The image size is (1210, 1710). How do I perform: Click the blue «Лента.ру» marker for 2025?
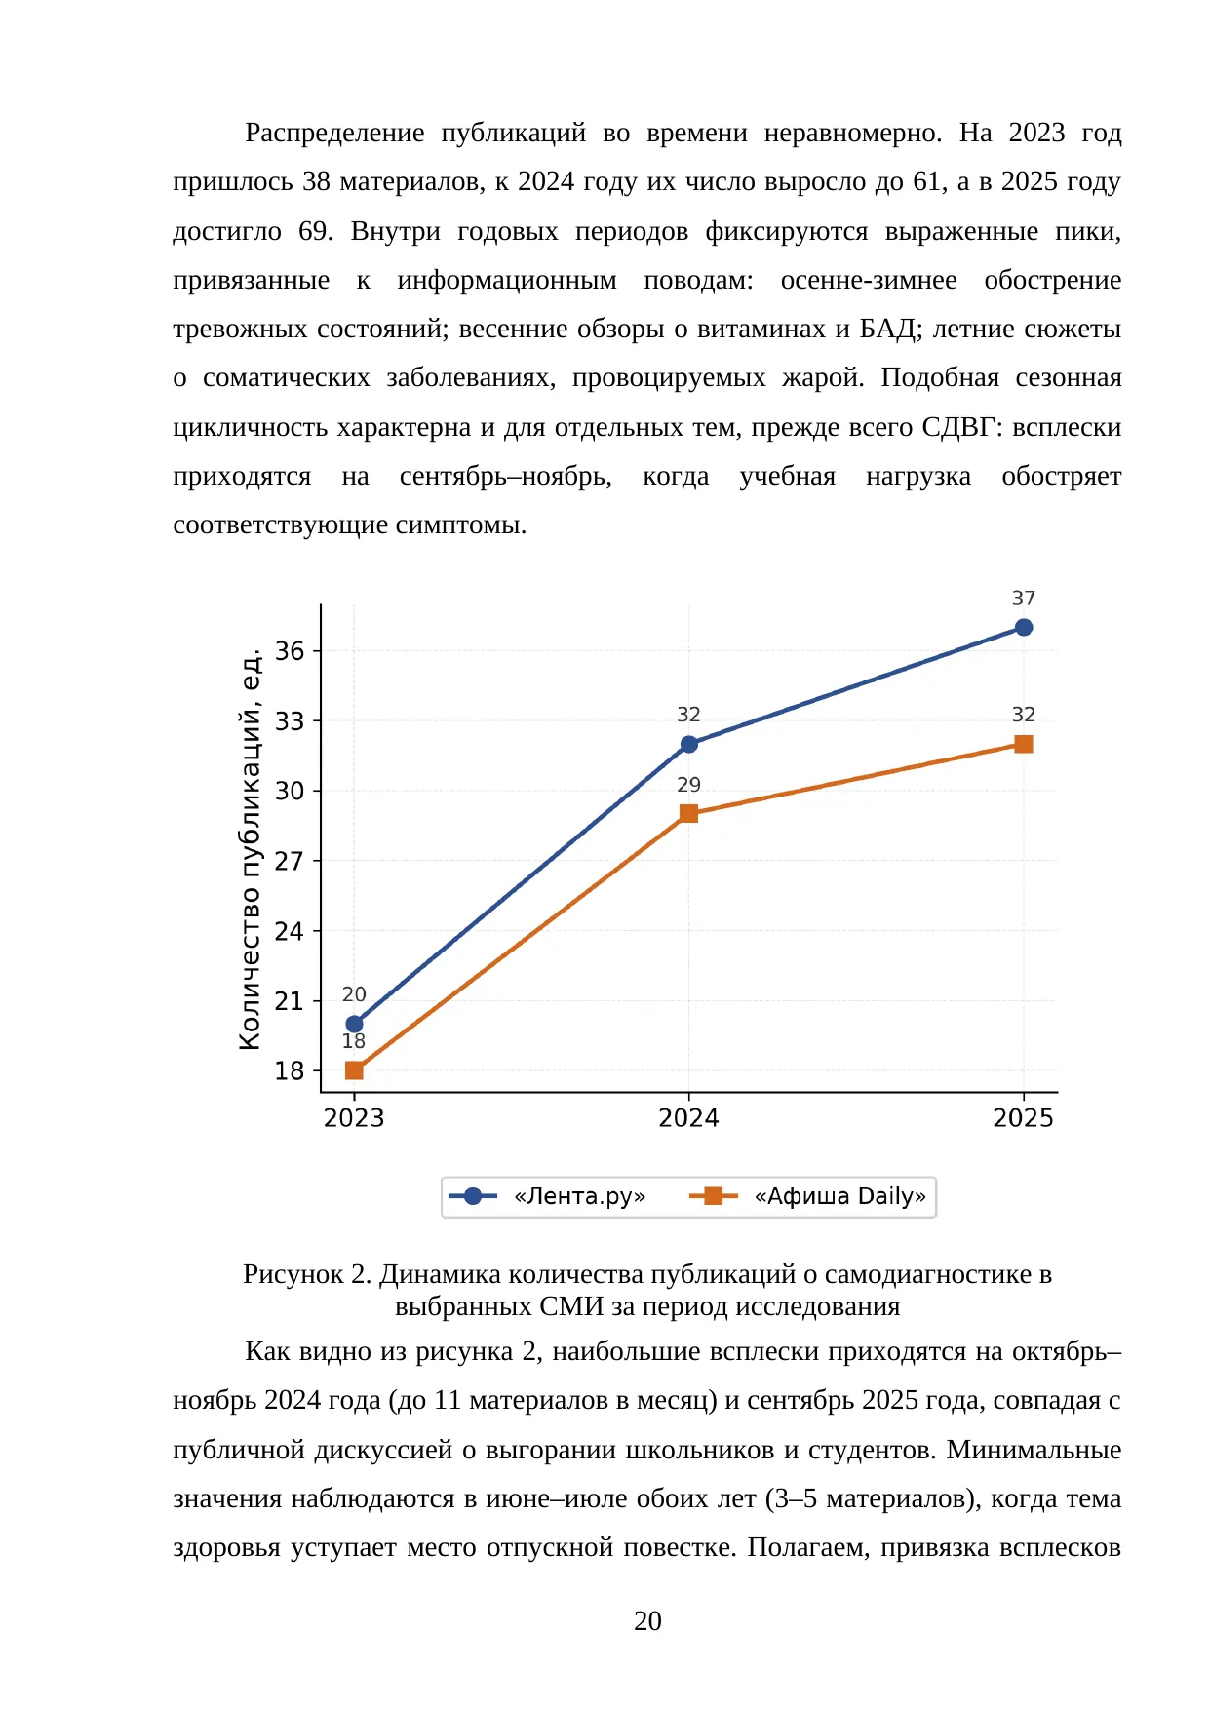[1023, 627]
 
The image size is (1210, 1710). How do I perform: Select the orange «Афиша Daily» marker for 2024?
[688, 813]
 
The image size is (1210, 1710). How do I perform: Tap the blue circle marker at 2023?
[354, 1024]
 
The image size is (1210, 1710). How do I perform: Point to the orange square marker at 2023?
[354, 1070]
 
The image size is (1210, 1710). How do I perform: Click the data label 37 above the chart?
[1023, 599]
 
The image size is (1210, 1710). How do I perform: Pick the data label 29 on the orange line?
[688, 785]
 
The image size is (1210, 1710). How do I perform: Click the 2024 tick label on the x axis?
[688, 1118]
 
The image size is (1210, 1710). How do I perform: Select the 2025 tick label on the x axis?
[1023, 1118]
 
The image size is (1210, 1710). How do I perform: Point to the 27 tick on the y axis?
[290, 861]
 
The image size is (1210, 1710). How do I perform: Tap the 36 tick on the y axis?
[290, 650]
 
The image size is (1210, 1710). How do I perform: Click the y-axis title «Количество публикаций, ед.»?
[251, 848]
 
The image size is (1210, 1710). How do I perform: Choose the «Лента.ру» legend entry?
[547, 1196]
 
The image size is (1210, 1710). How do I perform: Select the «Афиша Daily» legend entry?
[808, 1196]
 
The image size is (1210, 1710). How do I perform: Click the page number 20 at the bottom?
[647, 1620]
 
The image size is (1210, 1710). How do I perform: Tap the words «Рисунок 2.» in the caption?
[307, 1274]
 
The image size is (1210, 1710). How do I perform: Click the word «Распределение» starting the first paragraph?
[334, 134]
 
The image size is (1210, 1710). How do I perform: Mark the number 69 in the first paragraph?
[314, 231]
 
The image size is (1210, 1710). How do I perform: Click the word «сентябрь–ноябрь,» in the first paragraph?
[506, 477]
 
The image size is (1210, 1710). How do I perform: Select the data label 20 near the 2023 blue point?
[354, 994]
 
